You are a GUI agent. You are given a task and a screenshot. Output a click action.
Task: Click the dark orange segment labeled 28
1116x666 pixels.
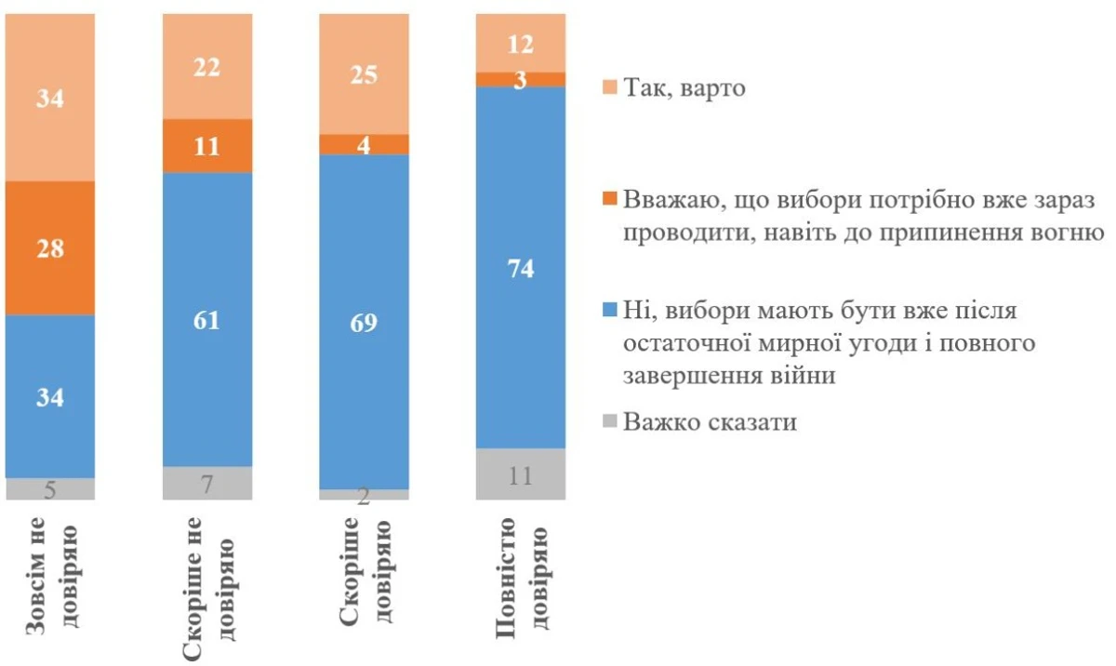50,247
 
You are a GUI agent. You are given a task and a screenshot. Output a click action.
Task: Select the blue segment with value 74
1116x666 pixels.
521,267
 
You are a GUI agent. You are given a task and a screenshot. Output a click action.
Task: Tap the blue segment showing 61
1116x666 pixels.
207,319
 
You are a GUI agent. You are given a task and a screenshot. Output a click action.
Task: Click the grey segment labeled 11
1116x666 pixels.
521,474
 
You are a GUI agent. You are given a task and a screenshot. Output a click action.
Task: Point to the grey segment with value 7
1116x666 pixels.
207,483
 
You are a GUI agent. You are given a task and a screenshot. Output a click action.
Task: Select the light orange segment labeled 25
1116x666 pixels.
364,74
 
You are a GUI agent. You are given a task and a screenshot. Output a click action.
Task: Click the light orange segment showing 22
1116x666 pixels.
207,67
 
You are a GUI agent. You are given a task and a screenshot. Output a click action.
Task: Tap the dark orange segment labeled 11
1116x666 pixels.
207,146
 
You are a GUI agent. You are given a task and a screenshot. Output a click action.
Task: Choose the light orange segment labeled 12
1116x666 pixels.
521,43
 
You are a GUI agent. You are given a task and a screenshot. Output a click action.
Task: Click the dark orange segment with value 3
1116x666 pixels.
521,79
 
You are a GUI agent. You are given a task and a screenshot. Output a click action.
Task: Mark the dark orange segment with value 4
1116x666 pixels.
364,144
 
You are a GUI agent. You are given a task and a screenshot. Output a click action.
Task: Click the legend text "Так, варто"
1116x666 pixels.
685,89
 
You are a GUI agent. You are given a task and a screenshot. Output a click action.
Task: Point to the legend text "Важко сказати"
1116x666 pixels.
711,422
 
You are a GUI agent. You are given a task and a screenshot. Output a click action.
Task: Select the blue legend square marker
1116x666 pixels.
609,310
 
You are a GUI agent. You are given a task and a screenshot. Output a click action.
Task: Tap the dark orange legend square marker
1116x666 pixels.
609,198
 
